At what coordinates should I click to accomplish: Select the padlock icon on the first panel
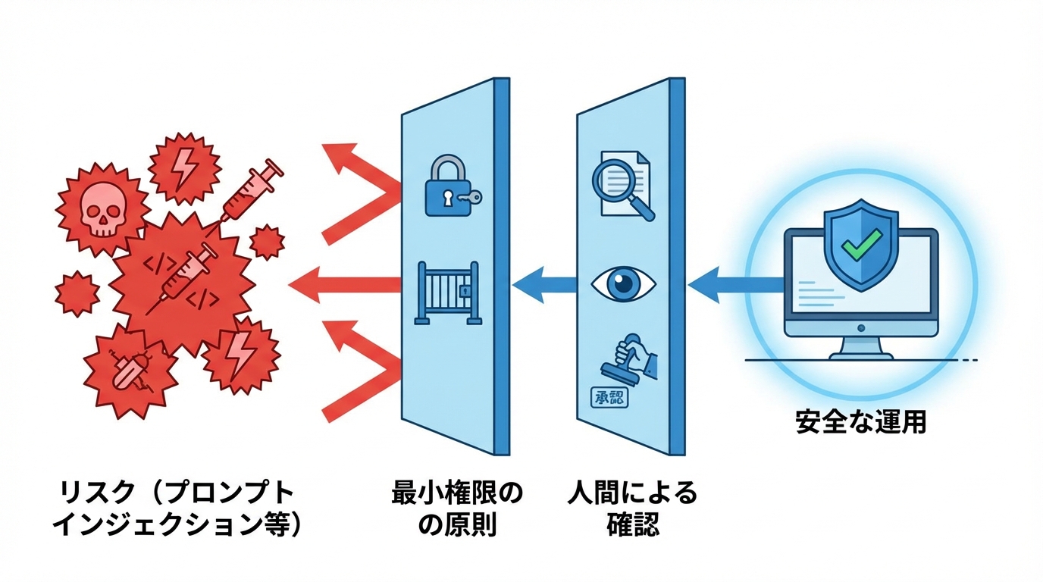pyautogui.click(x=447, y=188)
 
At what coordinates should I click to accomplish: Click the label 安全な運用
pyautogui.click(x=860, y=421)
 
